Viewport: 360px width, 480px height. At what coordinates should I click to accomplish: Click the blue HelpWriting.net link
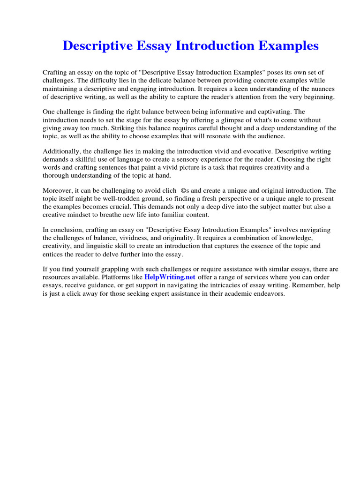(170, 277)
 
